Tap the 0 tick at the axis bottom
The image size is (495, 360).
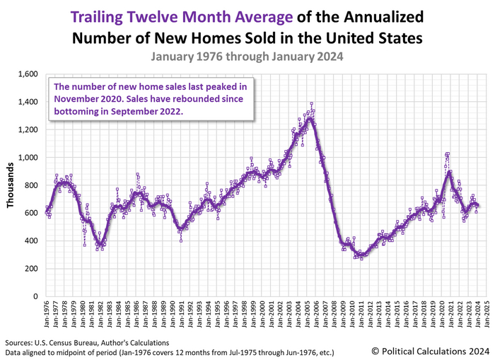click(34, 296)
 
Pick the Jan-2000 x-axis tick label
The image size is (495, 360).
click(266, 313)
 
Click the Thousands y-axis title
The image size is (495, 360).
click(11, 185)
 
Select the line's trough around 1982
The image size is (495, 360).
click(101, 245)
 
